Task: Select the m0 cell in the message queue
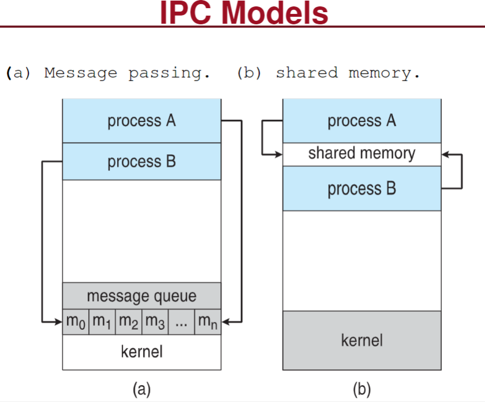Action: pos(76,322)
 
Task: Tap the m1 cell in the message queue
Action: pos(102,322)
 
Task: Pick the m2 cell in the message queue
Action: pos(129,322)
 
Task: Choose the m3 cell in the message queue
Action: pos(155,322)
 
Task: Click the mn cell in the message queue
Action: pos(208,322)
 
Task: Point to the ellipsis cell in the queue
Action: pos(182,322)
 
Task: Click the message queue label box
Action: pos(142,296)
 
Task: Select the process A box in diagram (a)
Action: pos(142,121)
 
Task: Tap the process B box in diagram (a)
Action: pos(142,161)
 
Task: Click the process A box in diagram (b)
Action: pos(362,121)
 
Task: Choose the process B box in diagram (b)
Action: pos(362,188)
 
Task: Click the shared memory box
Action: pos(362,155)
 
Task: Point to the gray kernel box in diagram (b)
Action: pos(362,340)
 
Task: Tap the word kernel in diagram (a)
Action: pos(142,352)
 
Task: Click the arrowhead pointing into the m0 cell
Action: pos(58,322)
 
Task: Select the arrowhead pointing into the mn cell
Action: pos(225,322)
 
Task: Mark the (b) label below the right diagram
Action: pos(362,389)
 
